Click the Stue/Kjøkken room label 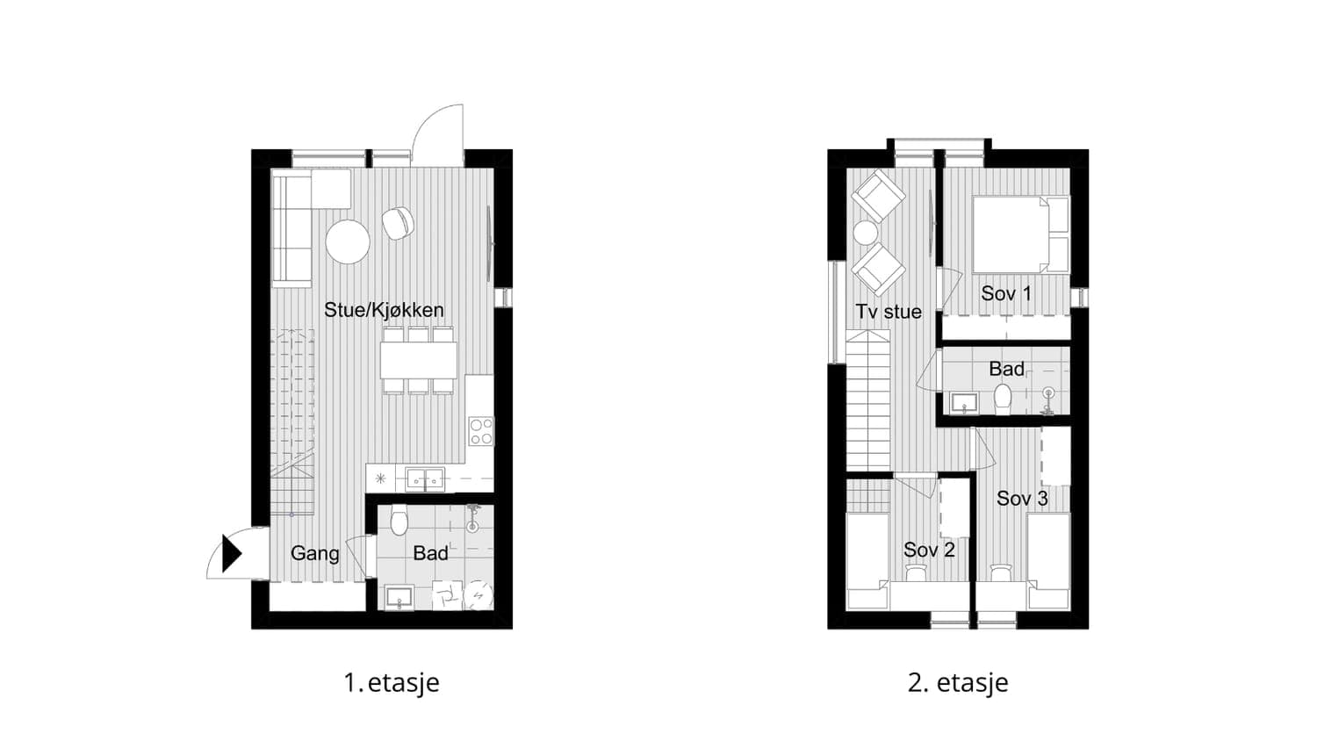pos(384,310)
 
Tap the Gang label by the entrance pos(315,553)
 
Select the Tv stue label pos(889,312)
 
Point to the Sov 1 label pos(1006,293)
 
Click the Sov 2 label pos(929,550)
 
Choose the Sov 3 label pos(1022,499)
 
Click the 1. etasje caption pos(392,683)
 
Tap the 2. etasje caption pos(958,683)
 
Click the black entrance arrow pos(231,553)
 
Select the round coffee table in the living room pos(348,241)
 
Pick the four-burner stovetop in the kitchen pos(481,432)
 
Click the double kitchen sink pos(425,478)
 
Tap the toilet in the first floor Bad pos(399,520)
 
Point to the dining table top pos(419,360)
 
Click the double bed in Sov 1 pos(1020,234)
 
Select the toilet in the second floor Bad pos(1001,399)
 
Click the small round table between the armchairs pos(866,233)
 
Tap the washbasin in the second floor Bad pos(964,404)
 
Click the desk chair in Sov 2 pos(916,572)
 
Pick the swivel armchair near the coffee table pos(398,224)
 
